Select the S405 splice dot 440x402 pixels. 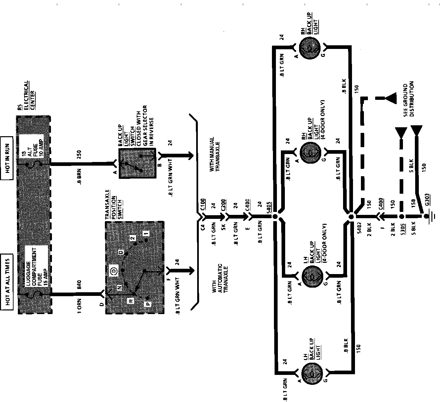[x=275, y=217]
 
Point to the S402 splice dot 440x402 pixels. [x=352, y=217]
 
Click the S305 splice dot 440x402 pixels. [x=401, y=217]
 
